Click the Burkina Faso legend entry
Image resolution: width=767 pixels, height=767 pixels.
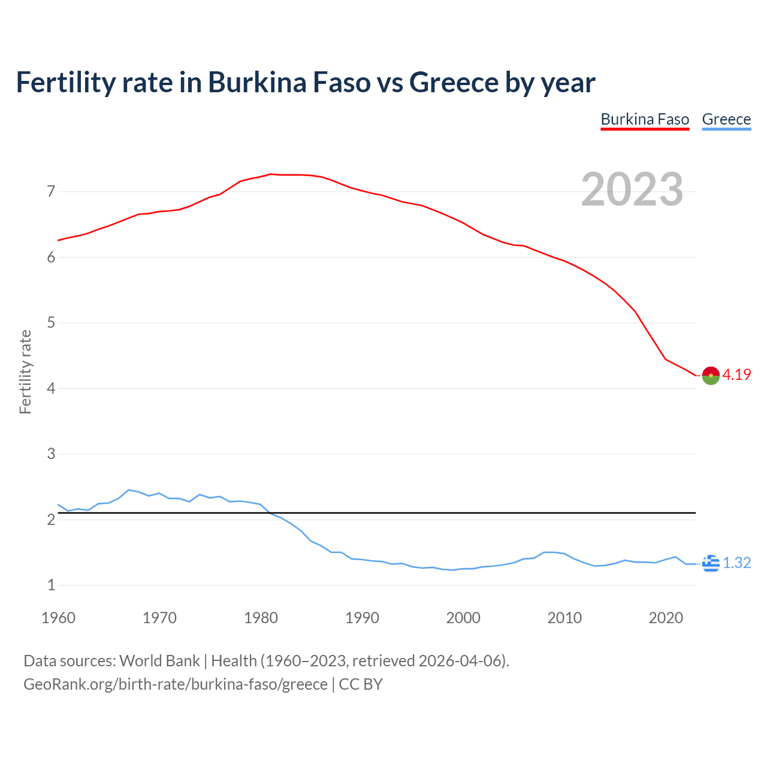(x=645, y=119)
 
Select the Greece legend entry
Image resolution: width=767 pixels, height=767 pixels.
(x=726, y=119)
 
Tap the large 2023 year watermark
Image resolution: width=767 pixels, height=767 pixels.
(x=632, y=189)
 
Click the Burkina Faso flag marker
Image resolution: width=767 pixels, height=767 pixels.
(x=711, y=375)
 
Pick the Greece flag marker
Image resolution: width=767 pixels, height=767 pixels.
(x=711, y=563)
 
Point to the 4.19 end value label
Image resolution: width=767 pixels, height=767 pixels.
(x=736, y=375)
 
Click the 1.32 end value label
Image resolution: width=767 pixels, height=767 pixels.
(x=736, y=563)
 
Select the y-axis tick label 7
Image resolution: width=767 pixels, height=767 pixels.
(x=51, y=192)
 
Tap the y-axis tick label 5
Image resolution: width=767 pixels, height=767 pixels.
(x=51, y=323)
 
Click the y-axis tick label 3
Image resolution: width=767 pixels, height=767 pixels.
(x=51, y=454)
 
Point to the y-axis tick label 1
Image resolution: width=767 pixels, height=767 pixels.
(x=51, y=585)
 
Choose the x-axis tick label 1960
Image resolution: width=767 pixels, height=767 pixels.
(x=58, y=618)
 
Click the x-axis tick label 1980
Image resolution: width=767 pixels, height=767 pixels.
(x=261, y=618)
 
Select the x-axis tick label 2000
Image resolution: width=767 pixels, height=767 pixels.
(x=463, y=618)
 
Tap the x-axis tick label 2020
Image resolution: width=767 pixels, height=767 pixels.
(x=666, y=618)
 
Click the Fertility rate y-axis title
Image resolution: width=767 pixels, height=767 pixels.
(x=25, y=372)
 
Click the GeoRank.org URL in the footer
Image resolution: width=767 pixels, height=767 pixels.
(x=175, y=684)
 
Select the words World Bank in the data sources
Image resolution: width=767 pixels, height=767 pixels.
(x=159, y=661)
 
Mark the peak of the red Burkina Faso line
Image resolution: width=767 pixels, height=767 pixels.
(x=270, y=174)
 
